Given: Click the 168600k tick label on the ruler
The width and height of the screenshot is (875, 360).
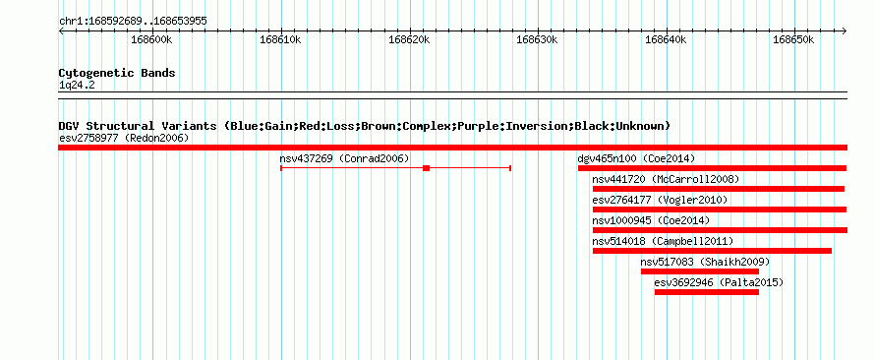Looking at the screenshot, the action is [x=151, y=40].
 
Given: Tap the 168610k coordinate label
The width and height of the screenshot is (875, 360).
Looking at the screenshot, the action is [x=281, y=40].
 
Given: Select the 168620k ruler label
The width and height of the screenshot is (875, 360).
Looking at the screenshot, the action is [x=409, y=40].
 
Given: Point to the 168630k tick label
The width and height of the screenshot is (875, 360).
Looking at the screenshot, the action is [x=538, y=40].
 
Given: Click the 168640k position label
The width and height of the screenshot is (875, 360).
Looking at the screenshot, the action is [x=666, y=40].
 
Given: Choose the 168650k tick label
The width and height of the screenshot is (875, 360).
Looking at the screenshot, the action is [x=794, y=40].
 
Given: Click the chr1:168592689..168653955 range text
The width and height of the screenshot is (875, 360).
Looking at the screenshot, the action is [x=133, y=22].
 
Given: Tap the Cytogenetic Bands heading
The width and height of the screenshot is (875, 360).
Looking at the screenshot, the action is [x=117, y=73].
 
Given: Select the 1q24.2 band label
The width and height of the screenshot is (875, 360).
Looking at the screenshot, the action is [x=77, y=86].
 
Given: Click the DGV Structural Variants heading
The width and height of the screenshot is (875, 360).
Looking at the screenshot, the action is [x=365, y=126].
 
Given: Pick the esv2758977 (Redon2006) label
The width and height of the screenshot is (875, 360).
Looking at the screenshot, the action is [x=124, y=138].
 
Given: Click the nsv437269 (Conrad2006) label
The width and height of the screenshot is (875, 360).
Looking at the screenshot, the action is [x=344, y=158].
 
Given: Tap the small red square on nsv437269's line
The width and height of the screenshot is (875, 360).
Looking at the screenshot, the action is [x=427, y=168].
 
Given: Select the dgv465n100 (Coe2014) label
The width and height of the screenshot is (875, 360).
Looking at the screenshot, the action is [x=636, y=158].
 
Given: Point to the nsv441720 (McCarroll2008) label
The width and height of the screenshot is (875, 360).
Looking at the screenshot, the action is [x=666, y=179].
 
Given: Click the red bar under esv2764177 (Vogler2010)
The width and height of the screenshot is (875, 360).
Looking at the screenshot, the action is [x=720, y=210].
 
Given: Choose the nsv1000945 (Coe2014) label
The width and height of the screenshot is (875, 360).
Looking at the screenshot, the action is [x=651, y=220].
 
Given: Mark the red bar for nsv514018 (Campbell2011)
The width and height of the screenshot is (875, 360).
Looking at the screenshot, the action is [x=712, y=251].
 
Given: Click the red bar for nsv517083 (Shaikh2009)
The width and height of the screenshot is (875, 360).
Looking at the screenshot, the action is [x=700, y=271].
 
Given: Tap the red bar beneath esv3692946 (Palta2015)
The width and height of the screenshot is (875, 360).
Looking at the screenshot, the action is [x=707, y=292].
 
